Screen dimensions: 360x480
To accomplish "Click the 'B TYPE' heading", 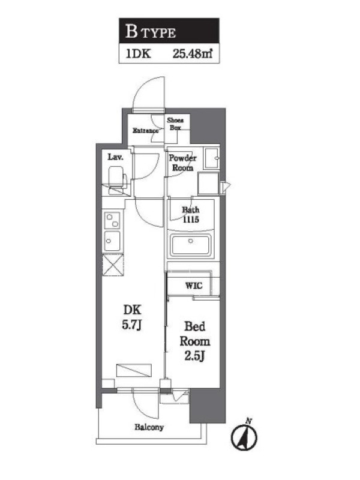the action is [x=151, y=32].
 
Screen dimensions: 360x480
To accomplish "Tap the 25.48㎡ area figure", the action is [x=193, y=54].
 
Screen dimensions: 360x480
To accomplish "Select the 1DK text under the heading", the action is [x=138, y=54].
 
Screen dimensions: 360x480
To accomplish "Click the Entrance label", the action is [x=145, y=131].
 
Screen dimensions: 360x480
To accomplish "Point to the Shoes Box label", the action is [x=175, y=124].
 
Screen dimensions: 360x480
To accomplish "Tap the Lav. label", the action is [x=115, y=157].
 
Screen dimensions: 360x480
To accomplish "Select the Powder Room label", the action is [x=183, y=163].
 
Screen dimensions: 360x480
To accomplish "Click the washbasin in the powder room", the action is [x=212, y=158].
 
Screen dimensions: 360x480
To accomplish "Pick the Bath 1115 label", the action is [x=190, y=215].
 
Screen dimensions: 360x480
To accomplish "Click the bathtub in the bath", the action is [x=190, y=245].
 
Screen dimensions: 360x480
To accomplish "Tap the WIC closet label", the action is [x=194, y=286].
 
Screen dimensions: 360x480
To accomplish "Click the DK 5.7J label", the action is [x=132, y=317].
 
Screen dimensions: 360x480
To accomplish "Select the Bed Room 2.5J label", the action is [x=194, y=341].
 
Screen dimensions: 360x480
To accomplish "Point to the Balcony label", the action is [x=149, y=427].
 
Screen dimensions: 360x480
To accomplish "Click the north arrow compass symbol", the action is [x=244, y=436].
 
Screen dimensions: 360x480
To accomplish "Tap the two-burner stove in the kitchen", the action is [x=112, y=220].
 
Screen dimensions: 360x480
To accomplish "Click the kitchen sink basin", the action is [x=112, y=241].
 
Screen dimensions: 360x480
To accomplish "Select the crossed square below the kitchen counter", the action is [x=113, y=265].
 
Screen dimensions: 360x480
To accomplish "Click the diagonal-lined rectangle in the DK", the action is [x=134, y=370].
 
